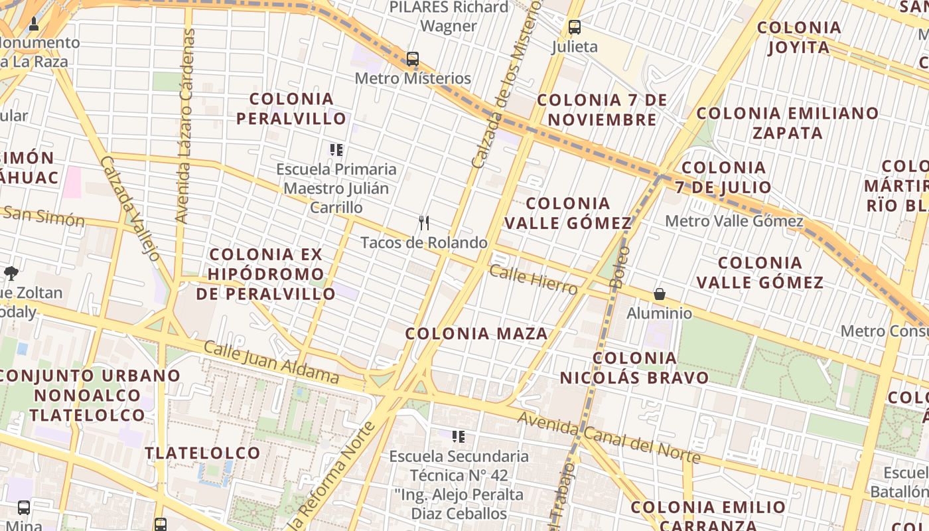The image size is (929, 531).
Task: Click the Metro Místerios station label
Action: [413, 78]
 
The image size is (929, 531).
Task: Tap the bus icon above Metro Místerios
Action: [413, 58]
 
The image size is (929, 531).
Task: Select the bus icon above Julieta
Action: [575, 27]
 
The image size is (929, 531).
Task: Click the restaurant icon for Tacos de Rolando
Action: [424, 222]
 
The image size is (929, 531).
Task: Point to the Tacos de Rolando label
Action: [424, 242]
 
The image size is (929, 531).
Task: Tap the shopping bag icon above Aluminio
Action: [660, 293]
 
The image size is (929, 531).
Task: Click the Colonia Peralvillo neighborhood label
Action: [292, 109]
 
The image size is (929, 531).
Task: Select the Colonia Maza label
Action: [476, 333]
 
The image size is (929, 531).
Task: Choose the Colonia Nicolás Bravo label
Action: [634, 368]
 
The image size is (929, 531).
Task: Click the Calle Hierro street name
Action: [534, 279]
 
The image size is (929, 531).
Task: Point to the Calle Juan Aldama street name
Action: [271, 362]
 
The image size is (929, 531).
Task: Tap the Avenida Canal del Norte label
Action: [609, 437]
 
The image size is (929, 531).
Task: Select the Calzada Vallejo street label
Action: [131, 208]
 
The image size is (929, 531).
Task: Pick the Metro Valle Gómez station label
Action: [734, 221]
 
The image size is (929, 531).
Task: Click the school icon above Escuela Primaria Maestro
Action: [336, 149]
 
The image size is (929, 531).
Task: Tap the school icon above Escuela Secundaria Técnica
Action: [458, 436]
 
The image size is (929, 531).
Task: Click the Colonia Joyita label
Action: [799, 38]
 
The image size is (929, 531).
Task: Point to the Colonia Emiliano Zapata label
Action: [788, 123]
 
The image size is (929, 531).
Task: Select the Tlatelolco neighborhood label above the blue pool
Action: [203, 453]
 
